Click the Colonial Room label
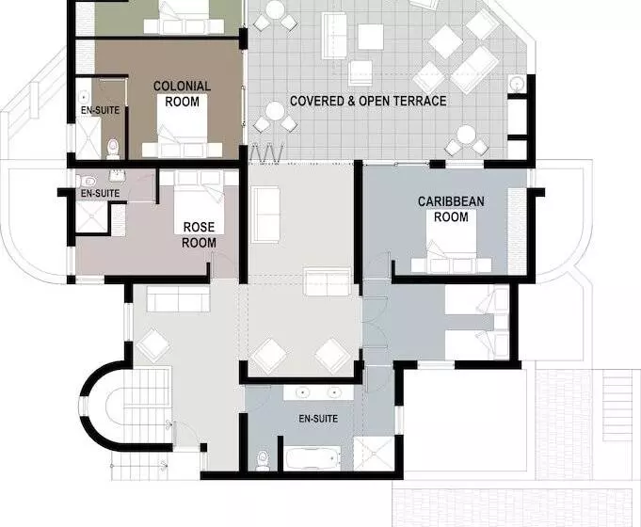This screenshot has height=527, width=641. (182, 93)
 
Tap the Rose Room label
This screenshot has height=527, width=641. (200, 235)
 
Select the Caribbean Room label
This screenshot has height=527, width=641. (451, 209)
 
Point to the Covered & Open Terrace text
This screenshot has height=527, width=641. (368, 101)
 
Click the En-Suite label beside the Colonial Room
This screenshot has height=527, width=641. (100, 110)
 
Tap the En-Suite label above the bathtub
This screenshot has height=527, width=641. (318, 419)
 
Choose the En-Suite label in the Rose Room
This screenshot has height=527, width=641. (100, 193)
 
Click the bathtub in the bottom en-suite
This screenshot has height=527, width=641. (312, 458)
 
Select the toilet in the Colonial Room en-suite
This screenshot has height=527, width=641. (112, 149)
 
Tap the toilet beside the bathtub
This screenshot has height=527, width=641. (263, 460)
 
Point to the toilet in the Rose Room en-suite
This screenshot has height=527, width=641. (87, 181)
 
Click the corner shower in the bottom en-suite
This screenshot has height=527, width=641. (374, 454)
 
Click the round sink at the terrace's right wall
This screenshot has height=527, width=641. (517, 84)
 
